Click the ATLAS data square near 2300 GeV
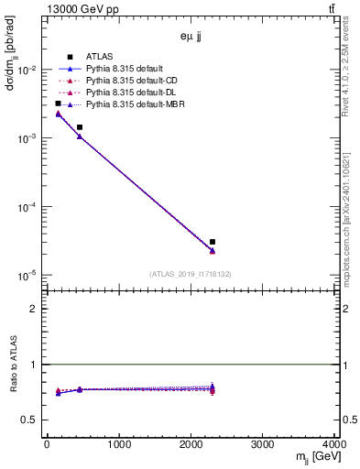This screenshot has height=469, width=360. [x=213, y=242]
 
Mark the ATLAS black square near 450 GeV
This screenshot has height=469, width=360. [x=80, y=127]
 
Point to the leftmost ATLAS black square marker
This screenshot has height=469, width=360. [x=58, y=104]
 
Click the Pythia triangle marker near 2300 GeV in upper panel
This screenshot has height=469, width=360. [x=213, y=251]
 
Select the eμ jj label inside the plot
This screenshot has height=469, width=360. [x=191, y=38]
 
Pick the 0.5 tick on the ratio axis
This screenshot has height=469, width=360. [x=32, y=420]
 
